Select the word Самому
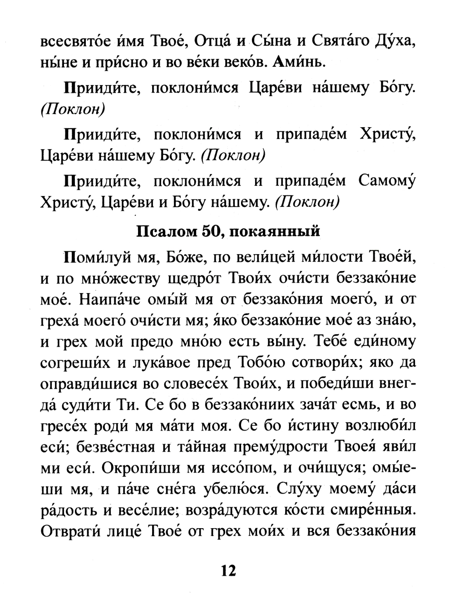tap(387, 181)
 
